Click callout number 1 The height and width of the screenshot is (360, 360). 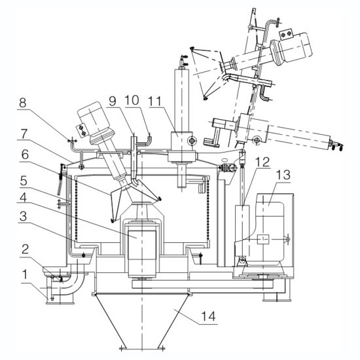[25, 275]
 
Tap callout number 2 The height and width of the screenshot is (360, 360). [25, 249]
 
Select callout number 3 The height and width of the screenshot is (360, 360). [23, 216]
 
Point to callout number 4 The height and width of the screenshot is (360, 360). [23, 197]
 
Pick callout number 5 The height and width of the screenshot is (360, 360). [24, 181]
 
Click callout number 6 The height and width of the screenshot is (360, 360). [25, 154]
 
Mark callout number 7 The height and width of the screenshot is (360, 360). [24, 134]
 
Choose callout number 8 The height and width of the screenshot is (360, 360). [22, 103]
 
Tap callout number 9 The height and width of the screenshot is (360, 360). [113, 101]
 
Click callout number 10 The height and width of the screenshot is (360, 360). [132, 100]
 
